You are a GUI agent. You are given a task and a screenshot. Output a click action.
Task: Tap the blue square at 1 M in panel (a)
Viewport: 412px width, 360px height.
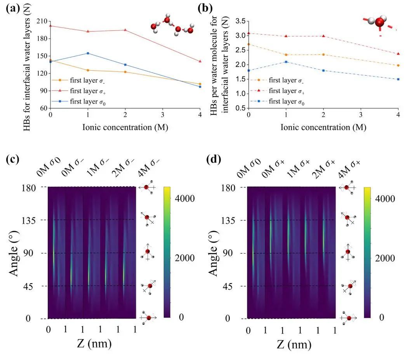88,53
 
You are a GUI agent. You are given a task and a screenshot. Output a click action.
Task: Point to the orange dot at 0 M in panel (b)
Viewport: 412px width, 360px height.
249,44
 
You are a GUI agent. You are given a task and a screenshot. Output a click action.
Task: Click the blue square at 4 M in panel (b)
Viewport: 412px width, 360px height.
398,79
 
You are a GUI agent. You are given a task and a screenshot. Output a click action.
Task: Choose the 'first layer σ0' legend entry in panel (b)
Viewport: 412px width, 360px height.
278,101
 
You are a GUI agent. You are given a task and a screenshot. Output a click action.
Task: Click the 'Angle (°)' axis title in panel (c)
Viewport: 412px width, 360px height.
14,253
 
